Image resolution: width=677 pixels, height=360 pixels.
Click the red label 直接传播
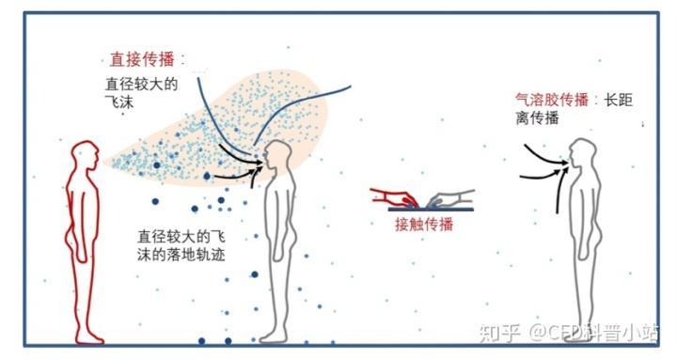141,58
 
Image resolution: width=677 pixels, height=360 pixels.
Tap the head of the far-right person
583,152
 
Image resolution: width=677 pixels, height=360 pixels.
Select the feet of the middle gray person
274,336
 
